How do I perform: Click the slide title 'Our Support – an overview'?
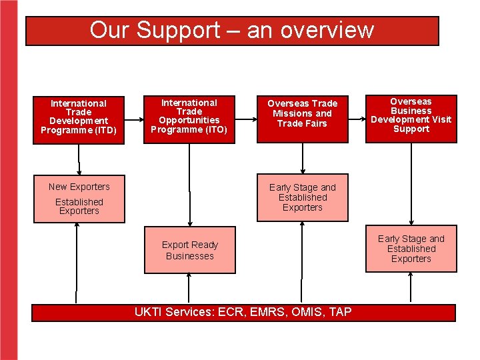click(232, 31)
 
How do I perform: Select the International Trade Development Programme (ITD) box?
click(79, 117)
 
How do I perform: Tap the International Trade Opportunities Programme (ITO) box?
click(189, 117)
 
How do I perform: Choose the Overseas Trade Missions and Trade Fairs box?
click(303, 117)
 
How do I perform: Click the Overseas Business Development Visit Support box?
click(411, 117)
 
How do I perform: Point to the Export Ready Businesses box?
click(190, 250)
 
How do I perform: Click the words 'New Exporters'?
click(79, 187)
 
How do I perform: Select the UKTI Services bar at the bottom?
click(243, 312)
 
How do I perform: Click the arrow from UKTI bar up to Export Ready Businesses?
click(190, 288)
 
